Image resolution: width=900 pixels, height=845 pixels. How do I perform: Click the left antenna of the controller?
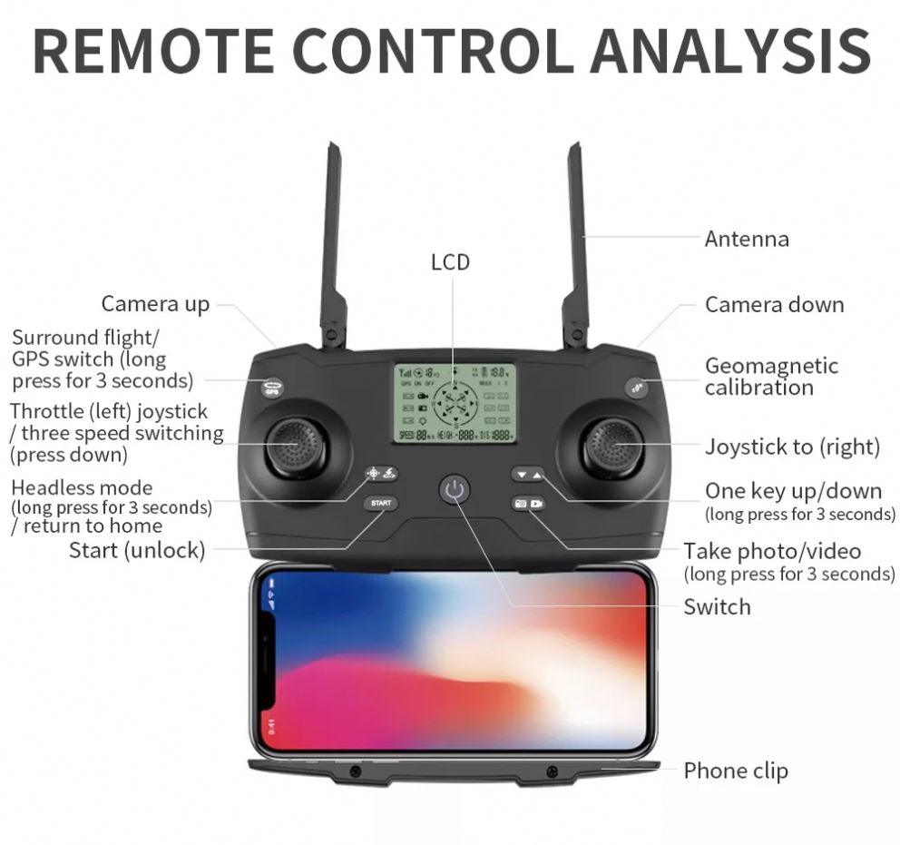click(x=332, y=245)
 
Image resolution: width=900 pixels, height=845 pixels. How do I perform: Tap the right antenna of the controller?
click(x=575, y=245)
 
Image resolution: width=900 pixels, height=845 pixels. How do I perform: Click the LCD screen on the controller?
click(x=455, y=403)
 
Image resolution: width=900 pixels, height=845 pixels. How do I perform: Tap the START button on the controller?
click(x=381, y=503)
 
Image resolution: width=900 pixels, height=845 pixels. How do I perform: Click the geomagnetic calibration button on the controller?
click(x=637, y=388)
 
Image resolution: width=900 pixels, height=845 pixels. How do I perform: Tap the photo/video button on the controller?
click(x=528, y=503)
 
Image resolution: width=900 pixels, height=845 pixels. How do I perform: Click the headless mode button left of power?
click(x=381, y=474)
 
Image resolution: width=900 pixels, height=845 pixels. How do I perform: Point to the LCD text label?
click(x=450, y=262)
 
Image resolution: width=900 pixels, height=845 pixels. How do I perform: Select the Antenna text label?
click(x=747, y=240)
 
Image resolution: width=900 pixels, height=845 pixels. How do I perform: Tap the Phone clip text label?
click(x=736, y=771)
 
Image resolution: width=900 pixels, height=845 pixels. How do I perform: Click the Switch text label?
click(x=717, y=607)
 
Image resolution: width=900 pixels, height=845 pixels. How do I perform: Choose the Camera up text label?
click(x=155, y=304)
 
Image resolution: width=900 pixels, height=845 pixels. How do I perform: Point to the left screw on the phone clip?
click(x=355, y=771)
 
